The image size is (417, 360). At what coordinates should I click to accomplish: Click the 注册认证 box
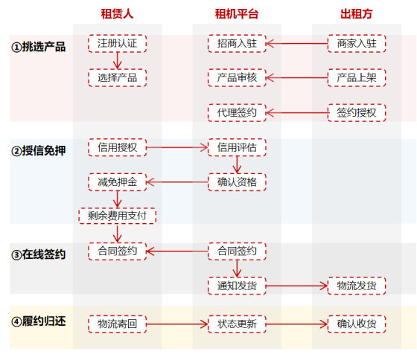(118, 43)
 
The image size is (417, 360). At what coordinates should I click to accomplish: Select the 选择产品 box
(118, 77)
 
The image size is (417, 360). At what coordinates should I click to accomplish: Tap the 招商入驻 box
(237, 43)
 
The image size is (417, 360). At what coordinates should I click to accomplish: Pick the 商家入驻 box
(357, 43)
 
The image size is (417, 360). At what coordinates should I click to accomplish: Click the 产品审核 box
(237, 77)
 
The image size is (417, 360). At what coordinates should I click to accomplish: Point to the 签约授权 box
(357, 112)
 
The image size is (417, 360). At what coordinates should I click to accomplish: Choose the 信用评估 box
(237, 147)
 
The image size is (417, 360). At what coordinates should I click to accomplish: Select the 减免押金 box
(118, 182)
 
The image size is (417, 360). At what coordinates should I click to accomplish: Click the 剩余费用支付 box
(118, 216)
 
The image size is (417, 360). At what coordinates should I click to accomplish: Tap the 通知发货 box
(237, 286)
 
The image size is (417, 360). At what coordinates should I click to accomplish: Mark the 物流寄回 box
(118, 324)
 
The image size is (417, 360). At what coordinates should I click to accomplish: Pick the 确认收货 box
(357, 324)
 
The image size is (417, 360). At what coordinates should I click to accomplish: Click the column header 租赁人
(117, 14)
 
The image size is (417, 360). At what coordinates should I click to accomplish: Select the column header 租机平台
(237, 14)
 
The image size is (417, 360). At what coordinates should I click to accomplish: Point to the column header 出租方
(357, 14)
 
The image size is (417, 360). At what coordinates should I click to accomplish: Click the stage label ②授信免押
(39, 151)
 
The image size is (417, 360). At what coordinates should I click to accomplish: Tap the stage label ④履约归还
(39, 321)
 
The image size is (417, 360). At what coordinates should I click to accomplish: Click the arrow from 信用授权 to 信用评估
(177, 147)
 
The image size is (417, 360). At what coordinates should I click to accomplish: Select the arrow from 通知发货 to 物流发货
(297, 286)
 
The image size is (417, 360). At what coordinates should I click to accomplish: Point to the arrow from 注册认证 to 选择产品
(118, 60)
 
